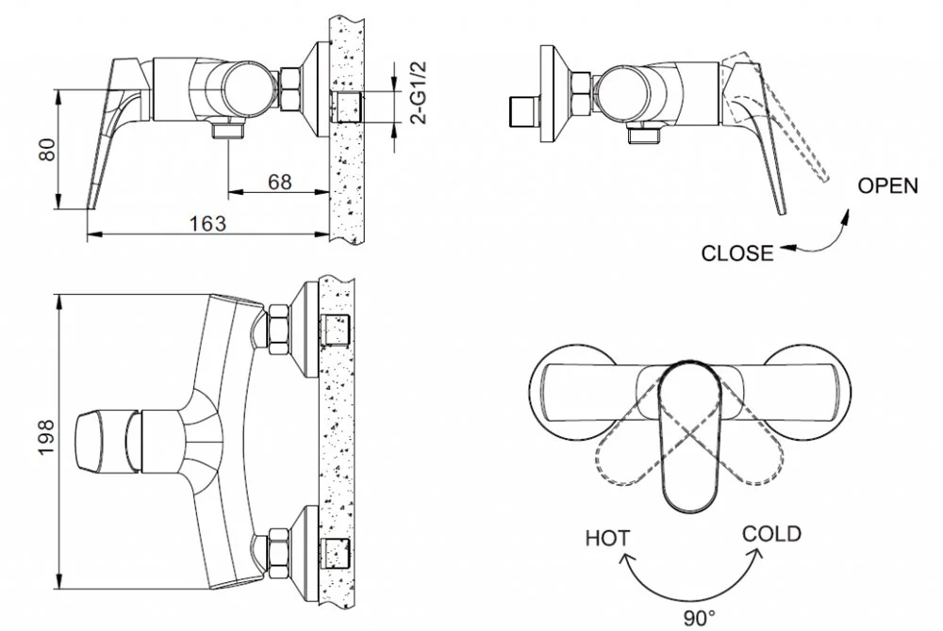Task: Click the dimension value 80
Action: click(x=47, y=150)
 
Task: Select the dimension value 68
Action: click(x=279, y=182)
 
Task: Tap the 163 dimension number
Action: click(x=208, y=223)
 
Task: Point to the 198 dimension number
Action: click(x=46, y=438)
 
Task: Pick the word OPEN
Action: click(x=887, y=186)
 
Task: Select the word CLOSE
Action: click(x=737, y=252)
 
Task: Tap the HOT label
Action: click(x=608, y=538)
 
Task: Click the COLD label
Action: click(x=771, y=533)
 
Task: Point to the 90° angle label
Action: click(x=700, y=618)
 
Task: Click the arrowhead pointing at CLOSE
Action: click(x=787, y=247)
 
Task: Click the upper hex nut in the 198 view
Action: click(x=279, y=329)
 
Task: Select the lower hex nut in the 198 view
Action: click(x=279, y=552)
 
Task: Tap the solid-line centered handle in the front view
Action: click(x=690, y=436)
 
